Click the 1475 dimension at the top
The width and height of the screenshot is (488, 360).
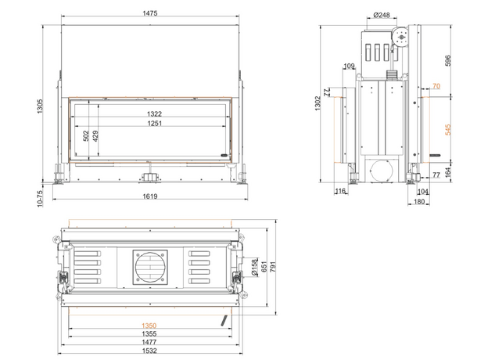click(150, 13)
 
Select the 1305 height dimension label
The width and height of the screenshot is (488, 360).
click(40, 106)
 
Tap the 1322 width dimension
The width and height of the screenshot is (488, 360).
click(154, 114)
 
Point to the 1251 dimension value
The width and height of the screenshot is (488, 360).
click(154, 124)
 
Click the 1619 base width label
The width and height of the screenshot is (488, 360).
click(150, 196)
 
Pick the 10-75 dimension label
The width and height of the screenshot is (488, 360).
click(40, 198)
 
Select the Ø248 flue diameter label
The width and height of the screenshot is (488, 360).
click(382, 15)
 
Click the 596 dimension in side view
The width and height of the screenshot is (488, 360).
click(448, 60)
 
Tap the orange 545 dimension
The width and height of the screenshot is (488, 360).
click(448, 130)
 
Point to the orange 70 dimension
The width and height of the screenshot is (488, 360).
click(436, 86)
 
